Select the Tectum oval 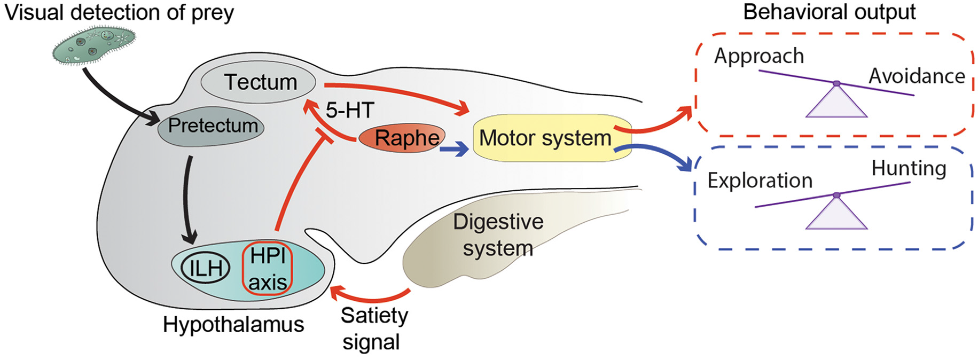pyautogui.click(x=259, y=83)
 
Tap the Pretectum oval pyautogui.click(x=212, y=127)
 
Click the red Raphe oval pyautogui.click(x=402, y=138)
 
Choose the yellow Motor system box pyautogui.click(x=550, y=138)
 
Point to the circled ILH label pyautogui.click(x=206, y=268)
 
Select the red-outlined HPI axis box pyautogui.click(x=268, y=269)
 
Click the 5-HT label pyautogui.click(x=350, y=111)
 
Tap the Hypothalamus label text pyautogui.click(x=233, y=325)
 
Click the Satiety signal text pyautogui.click(x=373, y=328)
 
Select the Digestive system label pyautogui.click(x=498, y=235)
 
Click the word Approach pyautogui.click(x=758, y=56)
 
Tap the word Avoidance pyautogui.click(x=917, y=76)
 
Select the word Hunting pyautogui.click(x=909, y=169)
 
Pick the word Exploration pyautogui.click(x=760, y=181)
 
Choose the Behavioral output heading pyautogui.click(x=829, y=12)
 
